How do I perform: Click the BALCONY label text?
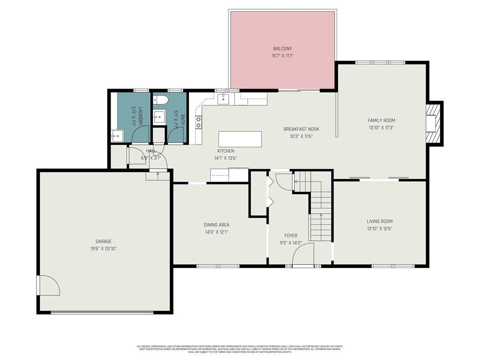pos(282,49)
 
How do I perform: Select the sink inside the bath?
pos(159,116)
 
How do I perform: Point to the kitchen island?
pos(240,139)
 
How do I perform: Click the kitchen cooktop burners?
pos(198,122)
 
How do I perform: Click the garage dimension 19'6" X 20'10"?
pos(104,248)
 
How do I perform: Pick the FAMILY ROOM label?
pos(381,120)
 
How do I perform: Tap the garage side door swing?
pos(49,285)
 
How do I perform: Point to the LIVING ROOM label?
pos(380,221)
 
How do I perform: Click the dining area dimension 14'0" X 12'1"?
pos(217,232)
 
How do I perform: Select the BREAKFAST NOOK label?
pos(301,129)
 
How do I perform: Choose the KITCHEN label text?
pos(225,151)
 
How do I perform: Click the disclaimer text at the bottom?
pos(240,349)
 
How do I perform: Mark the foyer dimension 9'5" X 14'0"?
pos(291,243)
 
